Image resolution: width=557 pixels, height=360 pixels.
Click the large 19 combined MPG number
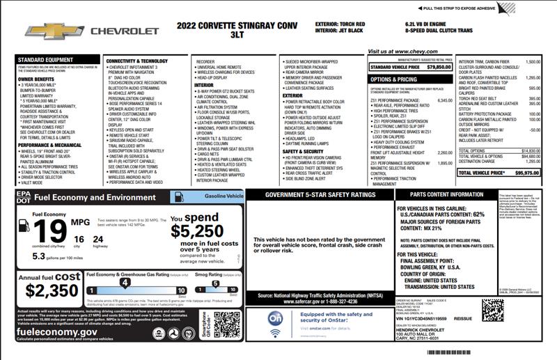45,229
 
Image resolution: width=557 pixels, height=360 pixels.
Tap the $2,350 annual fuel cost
52,290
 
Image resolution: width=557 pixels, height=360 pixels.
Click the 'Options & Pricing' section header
393,79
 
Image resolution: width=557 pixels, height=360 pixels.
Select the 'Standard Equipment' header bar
41,60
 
